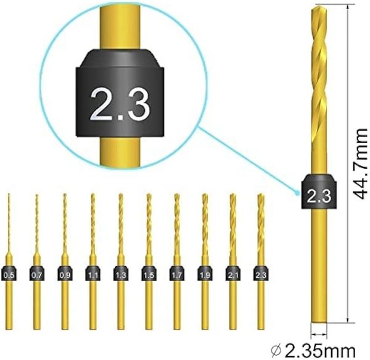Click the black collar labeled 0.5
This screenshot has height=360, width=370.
click(x=9, y=273)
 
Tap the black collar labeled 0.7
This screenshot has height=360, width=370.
click(x=37, y=273)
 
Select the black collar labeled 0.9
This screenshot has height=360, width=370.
click(x=65, y=273)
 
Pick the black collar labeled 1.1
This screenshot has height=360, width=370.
click(x=93, y=273)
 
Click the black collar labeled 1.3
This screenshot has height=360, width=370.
click(x=121, y=273)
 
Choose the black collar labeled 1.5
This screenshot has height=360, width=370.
click(x=149, y=273)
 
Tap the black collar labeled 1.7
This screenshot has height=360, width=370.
click(x=177, y=273)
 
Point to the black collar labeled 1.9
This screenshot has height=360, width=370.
click(x=205, y=273)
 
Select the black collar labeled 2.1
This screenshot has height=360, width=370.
click(x=233, y=273)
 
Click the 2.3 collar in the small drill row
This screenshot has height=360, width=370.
click(x=261, y=273)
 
